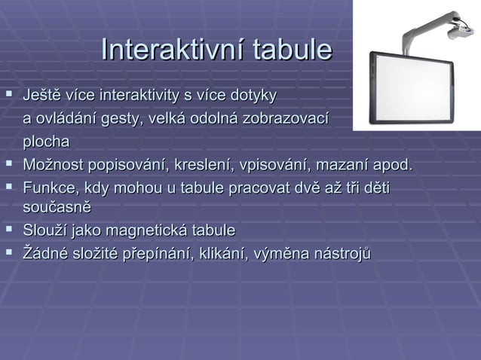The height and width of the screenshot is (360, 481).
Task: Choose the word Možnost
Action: coord(54,165)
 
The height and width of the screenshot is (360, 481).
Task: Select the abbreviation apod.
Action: coord(392,165)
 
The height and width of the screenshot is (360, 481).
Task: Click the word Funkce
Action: coord(47,188)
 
